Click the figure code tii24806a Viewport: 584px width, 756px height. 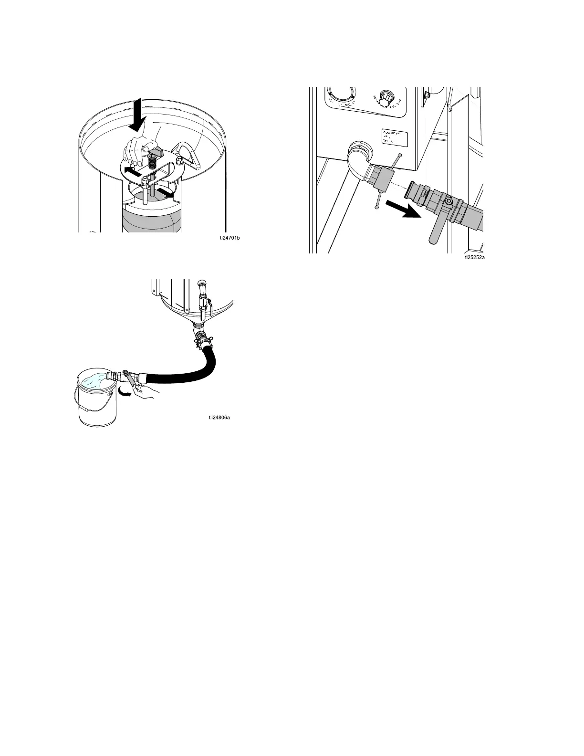pyautogui.click(x=219, y=418)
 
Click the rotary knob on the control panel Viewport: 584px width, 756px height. pyautogui.click(x=385, y=98)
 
